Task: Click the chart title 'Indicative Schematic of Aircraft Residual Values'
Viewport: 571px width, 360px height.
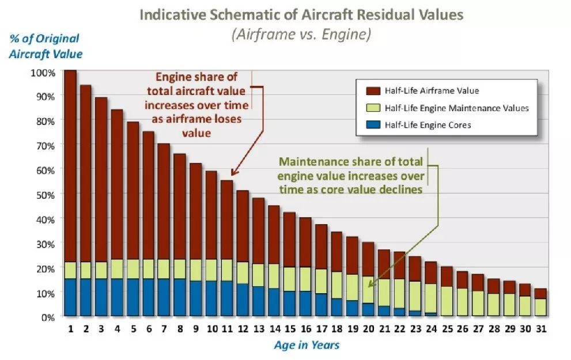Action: tap(301, 15)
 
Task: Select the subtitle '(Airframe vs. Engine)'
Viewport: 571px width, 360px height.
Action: tap(301, 35)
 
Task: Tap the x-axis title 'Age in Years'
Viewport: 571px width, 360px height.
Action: tap(306, 345)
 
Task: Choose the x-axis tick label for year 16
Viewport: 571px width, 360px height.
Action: tap(305, 329)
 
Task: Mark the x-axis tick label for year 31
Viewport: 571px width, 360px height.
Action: tap(540, 329)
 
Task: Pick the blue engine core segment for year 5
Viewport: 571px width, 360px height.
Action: tap(133, 297)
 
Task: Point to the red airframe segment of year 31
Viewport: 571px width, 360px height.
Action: tap(540, 294)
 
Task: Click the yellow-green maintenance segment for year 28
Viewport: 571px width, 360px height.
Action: tap(493, 305)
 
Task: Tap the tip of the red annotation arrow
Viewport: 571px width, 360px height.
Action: tap(232, 175)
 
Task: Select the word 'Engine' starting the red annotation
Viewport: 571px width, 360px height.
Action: tap(172, 77)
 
